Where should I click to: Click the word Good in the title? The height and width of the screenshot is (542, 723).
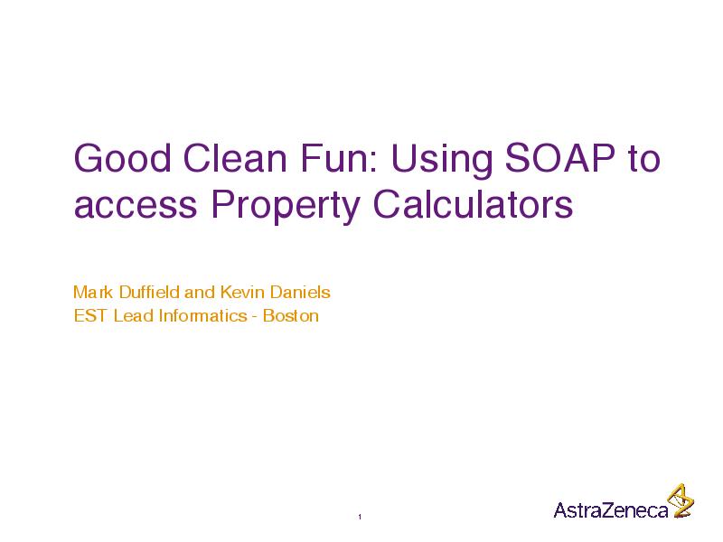122,158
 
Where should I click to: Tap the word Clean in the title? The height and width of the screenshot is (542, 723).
235,158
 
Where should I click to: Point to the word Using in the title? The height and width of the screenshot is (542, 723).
442,162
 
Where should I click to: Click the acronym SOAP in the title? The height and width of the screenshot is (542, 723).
559,158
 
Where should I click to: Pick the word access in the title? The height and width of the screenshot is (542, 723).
136,206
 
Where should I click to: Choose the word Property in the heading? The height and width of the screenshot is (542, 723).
286,208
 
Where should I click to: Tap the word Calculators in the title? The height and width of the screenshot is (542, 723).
473,204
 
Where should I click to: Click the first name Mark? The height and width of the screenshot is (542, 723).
93,292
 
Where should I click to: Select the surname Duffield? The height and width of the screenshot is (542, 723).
149,292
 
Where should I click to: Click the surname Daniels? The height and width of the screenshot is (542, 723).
300,292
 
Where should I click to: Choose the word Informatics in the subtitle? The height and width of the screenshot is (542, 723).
202,315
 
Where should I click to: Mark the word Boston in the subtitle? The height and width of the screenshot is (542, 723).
290,315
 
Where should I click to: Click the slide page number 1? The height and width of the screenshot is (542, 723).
360,517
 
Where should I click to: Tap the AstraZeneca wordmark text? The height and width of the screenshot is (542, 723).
611,510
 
